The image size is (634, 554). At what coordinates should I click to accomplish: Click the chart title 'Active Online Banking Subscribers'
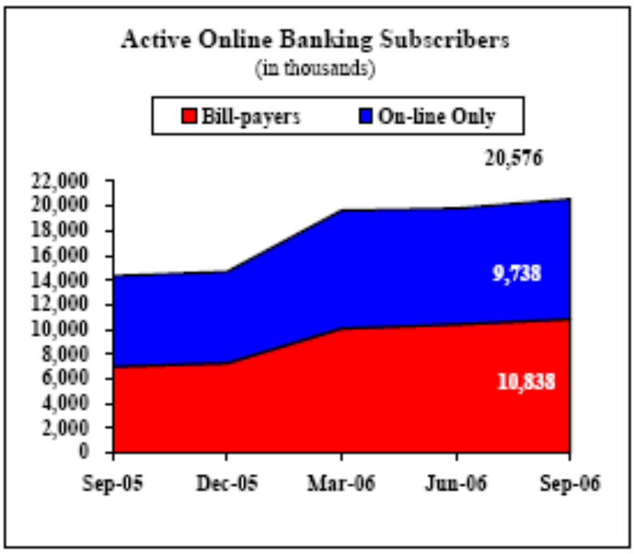point(316,40)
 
